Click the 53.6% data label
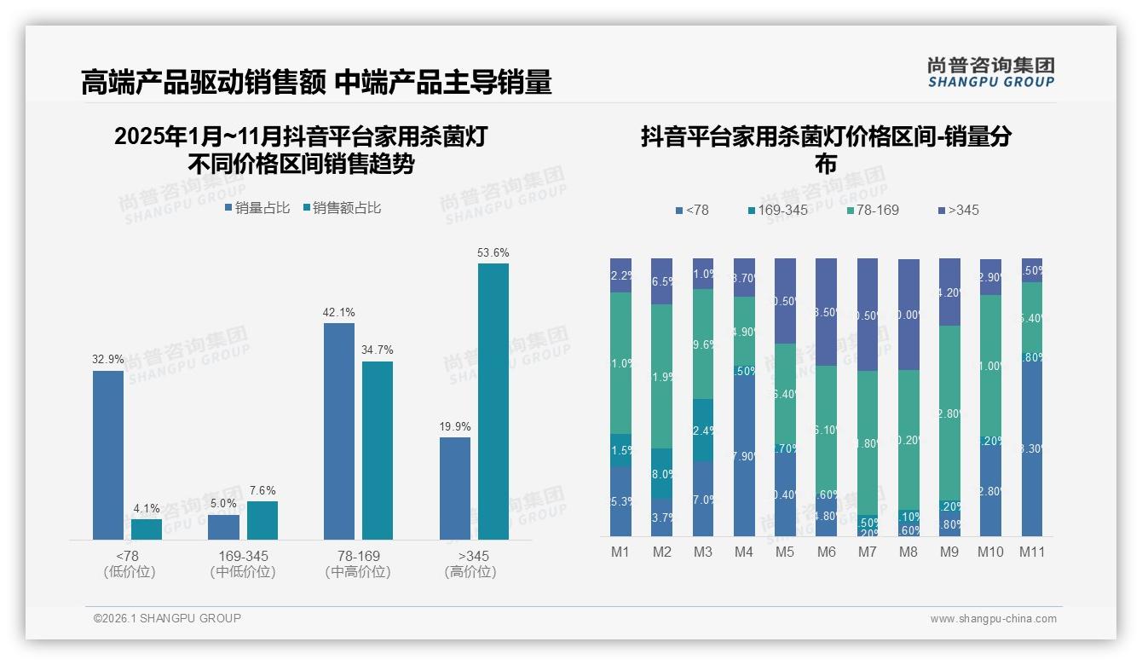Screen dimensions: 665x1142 493,252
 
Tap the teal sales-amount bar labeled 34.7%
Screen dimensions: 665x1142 378,450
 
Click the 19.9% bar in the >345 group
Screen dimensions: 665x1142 455,488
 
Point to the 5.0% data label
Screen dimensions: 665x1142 223,503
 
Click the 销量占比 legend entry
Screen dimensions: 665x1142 257,207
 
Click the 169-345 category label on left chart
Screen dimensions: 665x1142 243,556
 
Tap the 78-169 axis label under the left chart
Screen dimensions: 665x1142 358,556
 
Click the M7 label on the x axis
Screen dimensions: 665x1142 867,552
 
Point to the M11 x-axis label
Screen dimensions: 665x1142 1032,552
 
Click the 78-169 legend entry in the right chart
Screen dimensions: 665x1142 874,210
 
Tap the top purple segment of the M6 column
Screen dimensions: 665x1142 826,311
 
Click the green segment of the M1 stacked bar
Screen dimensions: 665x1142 620,362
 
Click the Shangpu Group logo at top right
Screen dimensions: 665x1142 990,72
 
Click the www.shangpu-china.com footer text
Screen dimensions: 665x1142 993,619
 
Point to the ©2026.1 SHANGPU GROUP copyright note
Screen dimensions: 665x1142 167,618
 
